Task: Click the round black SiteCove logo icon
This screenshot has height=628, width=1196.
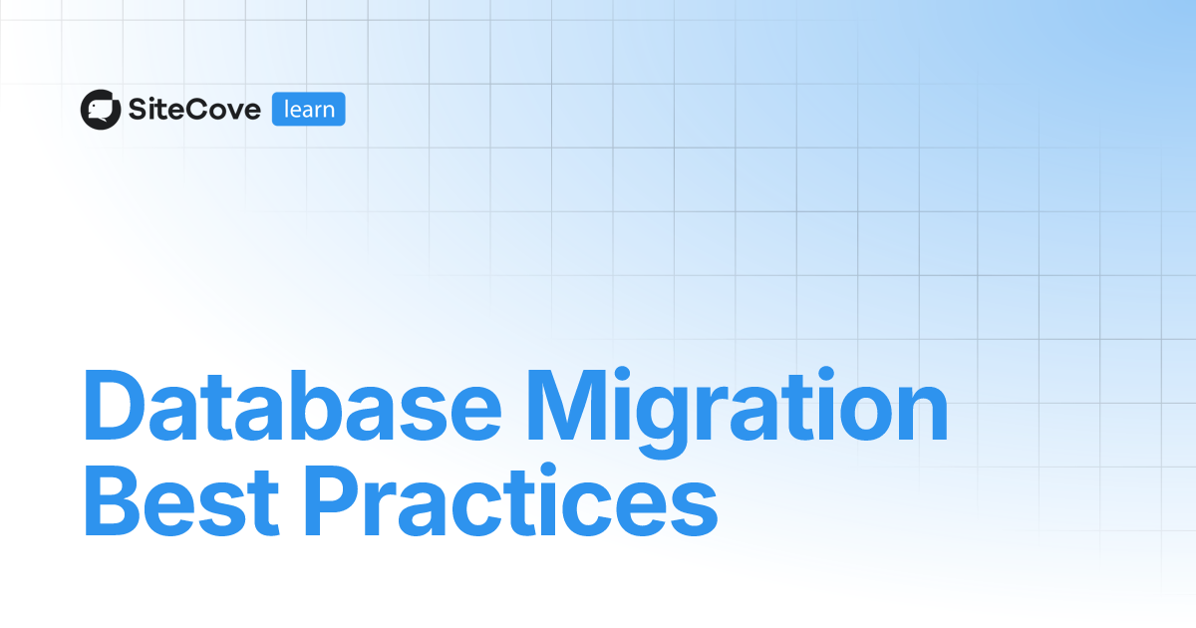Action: (x=101, y=110)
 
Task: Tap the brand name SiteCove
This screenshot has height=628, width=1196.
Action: (x=194, y=110)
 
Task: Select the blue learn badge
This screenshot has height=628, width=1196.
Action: (x=309, y=110)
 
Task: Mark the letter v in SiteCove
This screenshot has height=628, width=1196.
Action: (x=232, y=112)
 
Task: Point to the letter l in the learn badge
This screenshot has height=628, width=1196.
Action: (x=287, y=109)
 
